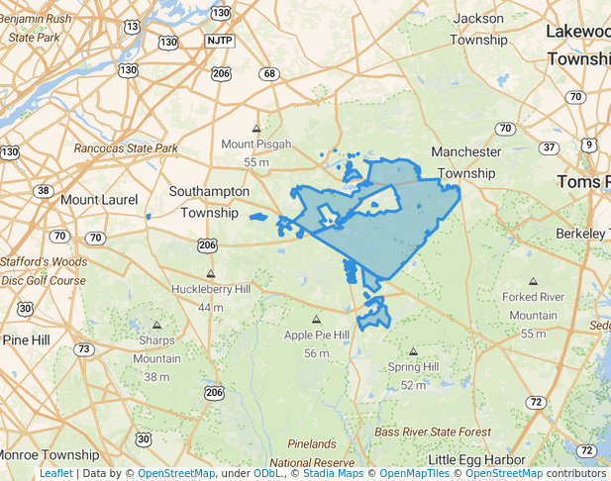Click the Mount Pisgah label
point(256,144)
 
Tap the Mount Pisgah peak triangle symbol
point(256,129)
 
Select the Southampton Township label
point(209,201)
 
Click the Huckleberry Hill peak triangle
point(210,274)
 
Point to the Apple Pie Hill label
point(317,336)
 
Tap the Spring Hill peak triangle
point(413,351)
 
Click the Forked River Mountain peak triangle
point(534,282)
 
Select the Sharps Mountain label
point(156,349)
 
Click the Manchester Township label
point(465,162)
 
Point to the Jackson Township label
point(478,29)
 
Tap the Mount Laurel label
point(99,200)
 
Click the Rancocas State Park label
point(126,148)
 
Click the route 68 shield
point(269,74)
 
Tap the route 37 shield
point(548,147)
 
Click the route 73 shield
point(84,349)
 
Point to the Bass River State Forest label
point(433,433)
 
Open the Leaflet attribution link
point(55,473)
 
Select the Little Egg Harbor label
point(480,459)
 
